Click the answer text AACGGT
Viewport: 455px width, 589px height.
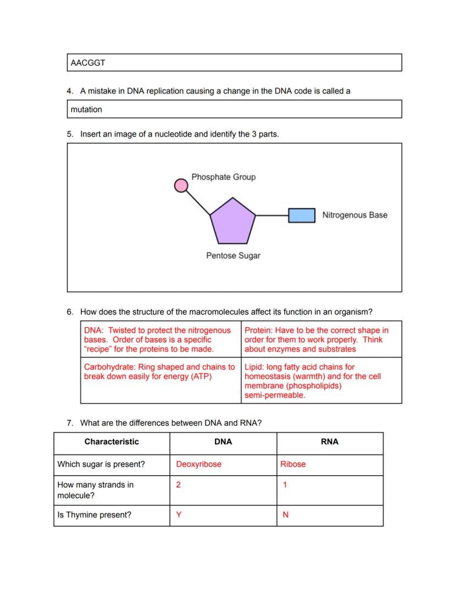pos(88,63)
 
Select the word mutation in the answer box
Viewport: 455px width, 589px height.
pos(86,109)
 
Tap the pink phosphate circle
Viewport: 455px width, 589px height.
pos(181,186)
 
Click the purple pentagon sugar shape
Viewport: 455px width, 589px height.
pos(233,221)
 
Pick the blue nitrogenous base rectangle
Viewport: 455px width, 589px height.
pos(302,215)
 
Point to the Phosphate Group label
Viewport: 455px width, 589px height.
pos(223,177)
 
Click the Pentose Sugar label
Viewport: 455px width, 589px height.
pos(233,256)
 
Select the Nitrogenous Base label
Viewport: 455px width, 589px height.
pos(354,215)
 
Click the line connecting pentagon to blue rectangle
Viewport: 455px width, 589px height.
pos(272,216)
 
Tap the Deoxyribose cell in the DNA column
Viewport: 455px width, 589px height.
pos(198,464)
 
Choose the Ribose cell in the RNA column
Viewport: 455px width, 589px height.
pos(293,464)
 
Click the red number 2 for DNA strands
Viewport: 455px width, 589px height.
pos(178,485)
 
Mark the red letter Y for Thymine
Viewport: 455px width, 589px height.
pos(179,515)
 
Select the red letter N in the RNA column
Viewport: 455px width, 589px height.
pos(285,515)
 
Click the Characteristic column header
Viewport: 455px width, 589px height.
pos(112,442)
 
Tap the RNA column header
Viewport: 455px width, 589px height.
pos(330,442)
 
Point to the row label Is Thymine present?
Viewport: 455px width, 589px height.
pos(94,515)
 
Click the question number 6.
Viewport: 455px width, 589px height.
pos(70,312)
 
